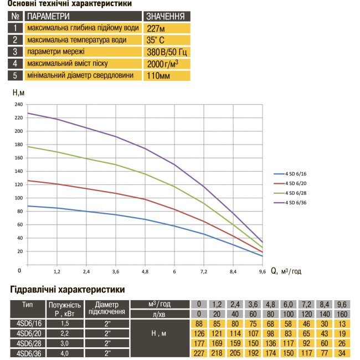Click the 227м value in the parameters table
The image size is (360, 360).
click(x=156, y=28)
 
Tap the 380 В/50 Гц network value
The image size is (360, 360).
click(x=165, y=52)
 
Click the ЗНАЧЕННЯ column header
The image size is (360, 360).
click(x=165, y=16)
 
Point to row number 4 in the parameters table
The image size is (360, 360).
click(x=15, y=63)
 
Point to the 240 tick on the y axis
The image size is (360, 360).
click(x=19, y=105)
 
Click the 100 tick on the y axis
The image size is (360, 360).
click(x=19, y=198)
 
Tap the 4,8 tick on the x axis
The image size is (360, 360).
click(x=145, y=272)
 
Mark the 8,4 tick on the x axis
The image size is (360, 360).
click(x=233, y=272)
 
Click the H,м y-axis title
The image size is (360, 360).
click(x=18, y=92)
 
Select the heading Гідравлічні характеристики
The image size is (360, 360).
click(x=68, y=289)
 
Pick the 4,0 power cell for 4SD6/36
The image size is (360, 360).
click(x=65, y=353)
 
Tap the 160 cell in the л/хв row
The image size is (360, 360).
click(x=342, y=313)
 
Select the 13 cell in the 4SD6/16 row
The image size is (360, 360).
click(x=342, y=323)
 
